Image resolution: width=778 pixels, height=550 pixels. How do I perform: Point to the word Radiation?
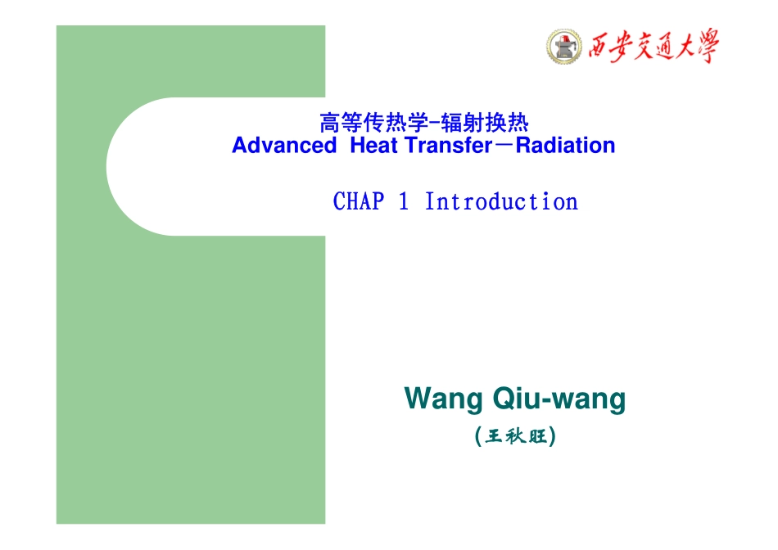click(x=565, y=146)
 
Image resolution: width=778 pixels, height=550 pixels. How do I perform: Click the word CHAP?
click(x=359, y=201)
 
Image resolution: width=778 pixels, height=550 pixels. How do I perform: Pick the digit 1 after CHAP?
click(x=404, y=201)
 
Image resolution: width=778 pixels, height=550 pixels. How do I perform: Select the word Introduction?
click(x=500, y=201)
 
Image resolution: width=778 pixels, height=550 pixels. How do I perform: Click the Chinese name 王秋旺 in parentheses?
click(x=515, y=436)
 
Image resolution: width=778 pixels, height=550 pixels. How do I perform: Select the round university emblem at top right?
click(x=562, y=46)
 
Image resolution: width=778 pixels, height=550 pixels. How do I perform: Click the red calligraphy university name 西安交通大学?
click(x=652, y=46)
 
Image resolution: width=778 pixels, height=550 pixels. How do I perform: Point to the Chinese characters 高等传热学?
click(x=373, y=124)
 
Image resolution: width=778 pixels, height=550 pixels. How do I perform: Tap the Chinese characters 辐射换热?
click(x=484, y=124)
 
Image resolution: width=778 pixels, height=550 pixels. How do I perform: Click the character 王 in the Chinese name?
click(x=494, y=436)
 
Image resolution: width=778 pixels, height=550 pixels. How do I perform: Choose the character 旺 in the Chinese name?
click(x=537, y=436)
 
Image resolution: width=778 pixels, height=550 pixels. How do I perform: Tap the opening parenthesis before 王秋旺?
click(x=477, y=436)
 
